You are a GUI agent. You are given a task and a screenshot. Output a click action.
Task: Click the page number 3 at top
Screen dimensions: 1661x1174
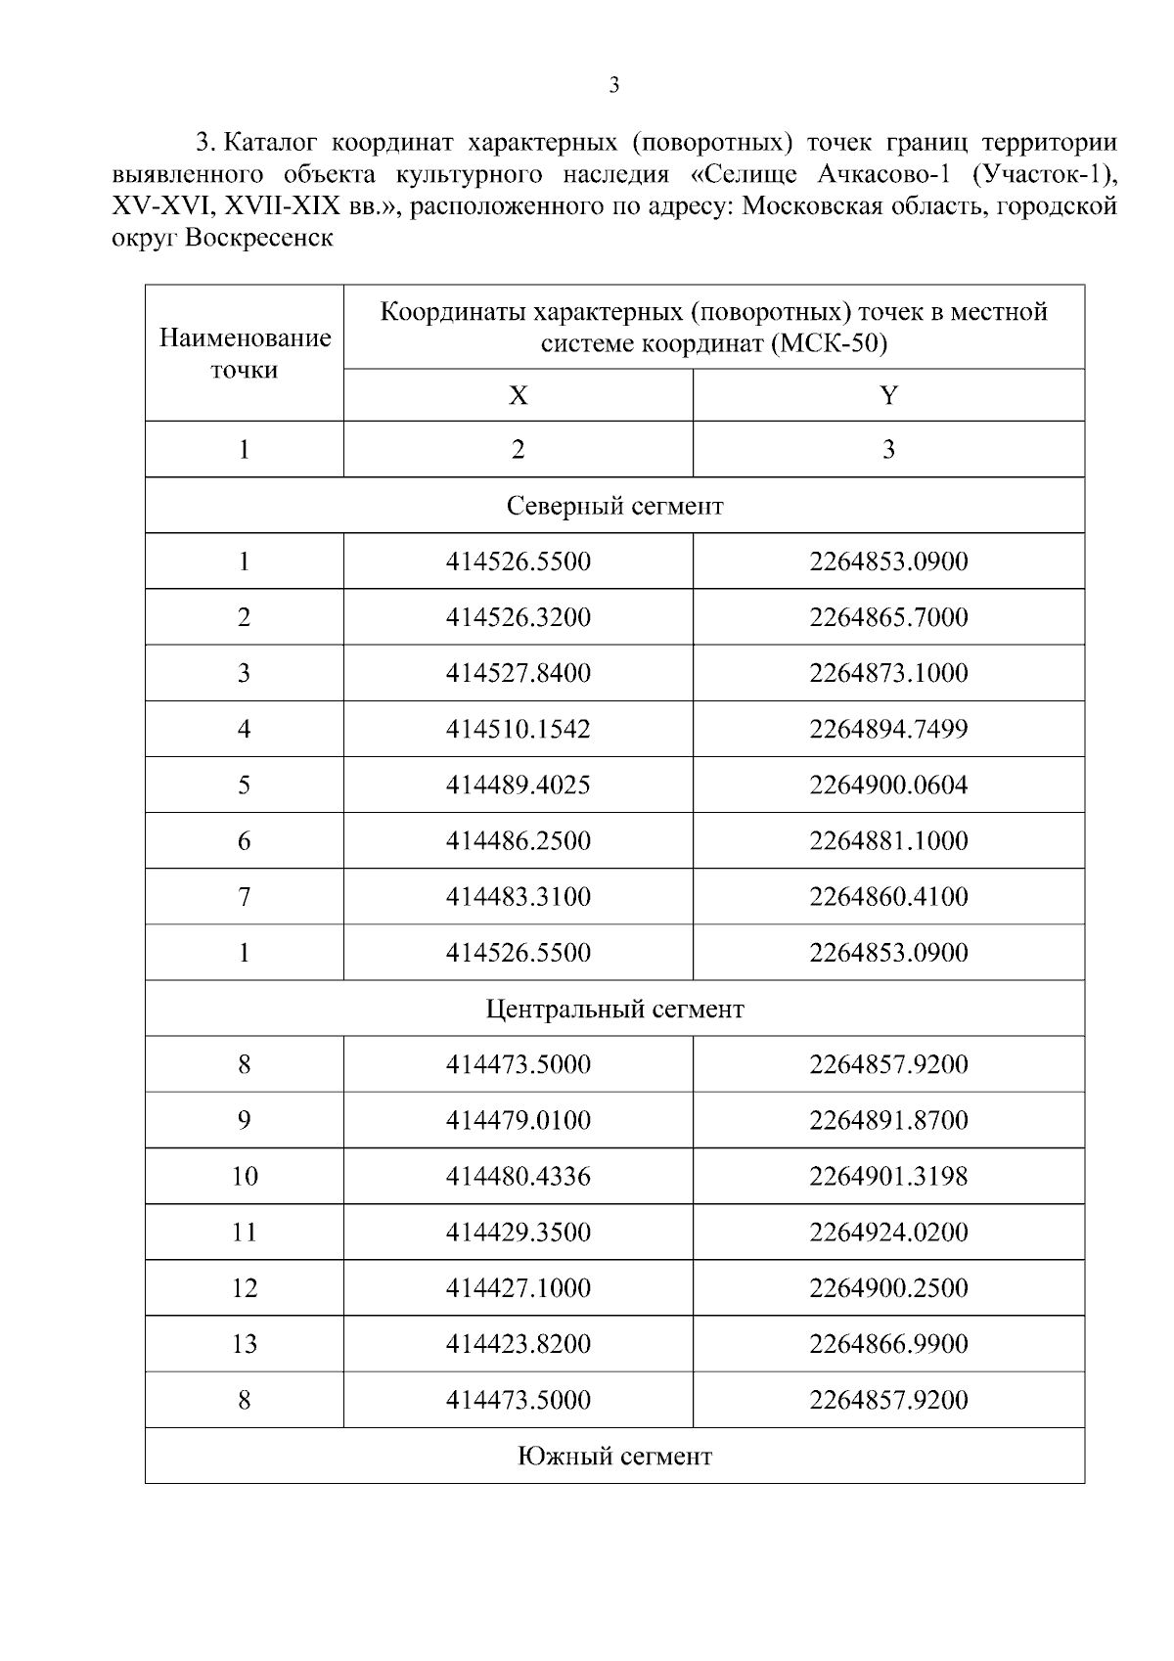click(613, 85)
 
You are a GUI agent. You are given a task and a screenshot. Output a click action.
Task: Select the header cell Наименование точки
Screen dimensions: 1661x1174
click(245, 353)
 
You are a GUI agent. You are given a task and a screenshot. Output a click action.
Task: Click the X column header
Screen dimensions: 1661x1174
click(518, 395)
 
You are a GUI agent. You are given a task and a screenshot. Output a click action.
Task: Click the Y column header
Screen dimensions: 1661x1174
click(888, 395)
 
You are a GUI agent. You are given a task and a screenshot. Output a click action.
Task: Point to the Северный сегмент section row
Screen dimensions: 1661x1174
click(614, 506)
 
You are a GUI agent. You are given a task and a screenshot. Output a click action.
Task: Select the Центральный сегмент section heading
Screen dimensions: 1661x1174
click(614, 1009)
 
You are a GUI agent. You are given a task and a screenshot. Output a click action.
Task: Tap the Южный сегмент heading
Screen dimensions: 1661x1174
click(614, 1456)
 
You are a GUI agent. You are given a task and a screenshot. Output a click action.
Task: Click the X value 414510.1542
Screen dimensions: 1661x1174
click(518, 729)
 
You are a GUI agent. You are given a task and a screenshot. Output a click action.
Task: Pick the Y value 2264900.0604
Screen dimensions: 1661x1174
click(888, 785)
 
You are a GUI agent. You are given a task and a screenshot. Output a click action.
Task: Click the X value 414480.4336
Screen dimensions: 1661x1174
click(518, 1176)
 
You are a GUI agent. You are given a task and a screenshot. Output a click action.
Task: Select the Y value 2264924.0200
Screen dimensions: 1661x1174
click(888, 1232)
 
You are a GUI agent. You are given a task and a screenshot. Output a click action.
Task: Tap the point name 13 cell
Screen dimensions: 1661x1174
click(245, 1343)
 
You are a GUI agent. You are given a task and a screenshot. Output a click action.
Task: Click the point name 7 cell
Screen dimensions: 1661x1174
click(245, 896)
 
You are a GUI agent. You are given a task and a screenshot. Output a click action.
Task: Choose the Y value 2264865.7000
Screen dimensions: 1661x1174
click(888, 617)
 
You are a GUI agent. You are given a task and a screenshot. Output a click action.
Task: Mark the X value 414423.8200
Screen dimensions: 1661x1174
click(518, 1343)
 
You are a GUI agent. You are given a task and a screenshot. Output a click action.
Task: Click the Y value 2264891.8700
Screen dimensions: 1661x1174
click(888, 1120)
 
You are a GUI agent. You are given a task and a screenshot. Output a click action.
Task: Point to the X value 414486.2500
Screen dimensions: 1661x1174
click(518, 840)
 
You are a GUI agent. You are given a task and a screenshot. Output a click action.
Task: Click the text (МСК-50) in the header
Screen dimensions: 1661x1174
click(830, 344)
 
